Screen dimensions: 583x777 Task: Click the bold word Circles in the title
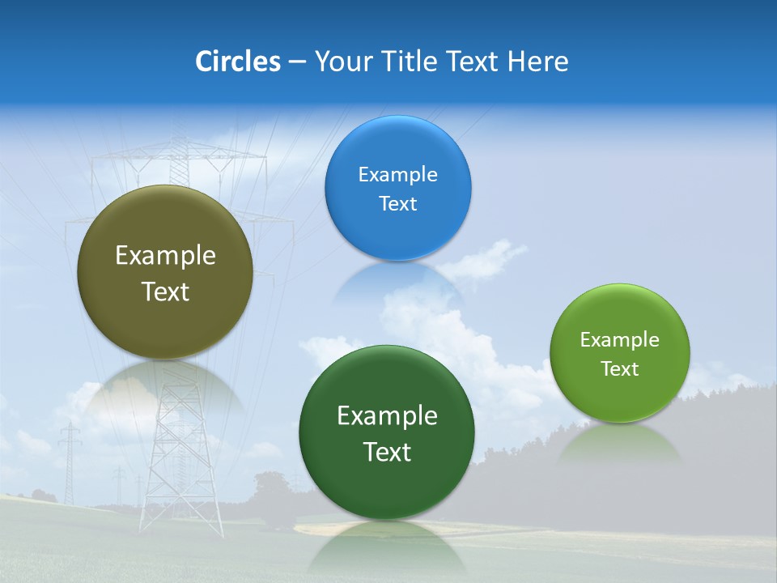point(238,62)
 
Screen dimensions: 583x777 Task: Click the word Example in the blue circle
point(398,175)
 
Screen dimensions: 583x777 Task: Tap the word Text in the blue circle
point(398,204)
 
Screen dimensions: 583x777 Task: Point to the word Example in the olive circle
point(165,256)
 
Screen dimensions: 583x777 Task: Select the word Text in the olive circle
point(165,291)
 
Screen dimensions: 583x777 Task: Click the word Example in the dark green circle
point(387,416)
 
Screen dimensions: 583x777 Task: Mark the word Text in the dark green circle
point(387,452)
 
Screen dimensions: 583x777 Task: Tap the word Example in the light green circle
point(620,340)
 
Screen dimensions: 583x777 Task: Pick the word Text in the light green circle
point(620,369)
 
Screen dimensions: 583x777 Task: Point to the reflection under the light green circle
point(620,444)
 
